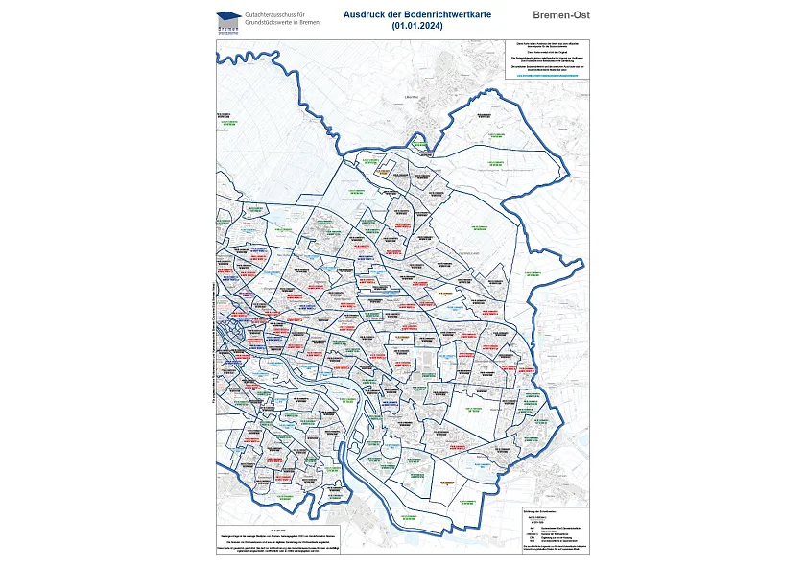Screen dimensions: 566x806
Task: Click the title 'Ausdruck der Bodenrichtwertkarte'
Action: click(402, 15)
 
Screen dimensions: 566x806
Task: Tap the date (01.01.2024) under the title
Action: click(402, 27)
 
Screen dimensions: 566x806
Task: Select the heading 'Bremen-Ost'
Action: click(560, 15)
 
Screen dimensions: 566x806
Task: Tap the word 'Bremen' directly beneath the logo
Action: click(228, 29)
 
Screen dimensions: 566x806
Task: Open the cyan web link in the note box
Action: click(543, 74)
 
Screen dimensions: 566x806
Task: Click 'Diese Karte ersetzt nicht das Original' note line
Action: click(543, 52)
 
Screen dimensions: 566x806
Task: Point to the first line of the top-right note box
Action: click(543, 43)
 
